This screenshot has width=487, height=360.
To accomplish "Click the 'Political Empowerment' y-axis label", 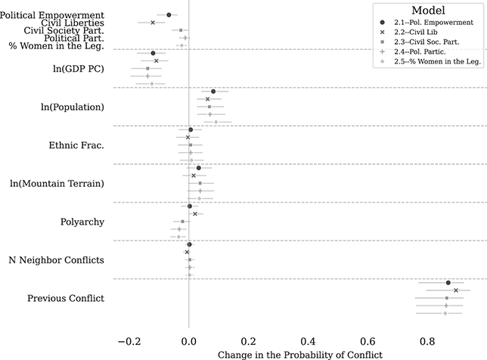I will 53,15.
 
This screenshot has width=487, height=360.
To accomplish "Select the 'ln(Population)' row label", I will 73,107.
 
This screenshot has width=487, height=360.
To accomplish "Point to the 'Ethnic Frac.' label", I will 76,145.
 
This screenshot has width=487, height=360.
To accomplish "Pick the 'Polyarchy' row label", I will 82,222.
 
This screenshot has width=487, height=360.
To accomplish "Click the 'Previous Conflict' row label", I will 66,299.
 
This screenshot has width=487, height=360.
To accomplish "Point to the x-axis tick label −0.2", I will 126,340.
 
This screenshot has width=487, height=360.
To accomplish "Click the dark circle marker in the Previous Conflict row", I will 448,283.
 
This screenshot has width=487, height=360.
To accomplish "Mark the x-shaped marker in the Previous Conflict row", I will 456,290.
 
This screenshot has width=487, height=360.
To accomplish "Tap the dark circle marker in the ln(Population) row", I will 213,92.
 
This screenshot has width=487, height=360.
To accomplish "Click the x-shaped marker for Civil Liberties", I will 153,23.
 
